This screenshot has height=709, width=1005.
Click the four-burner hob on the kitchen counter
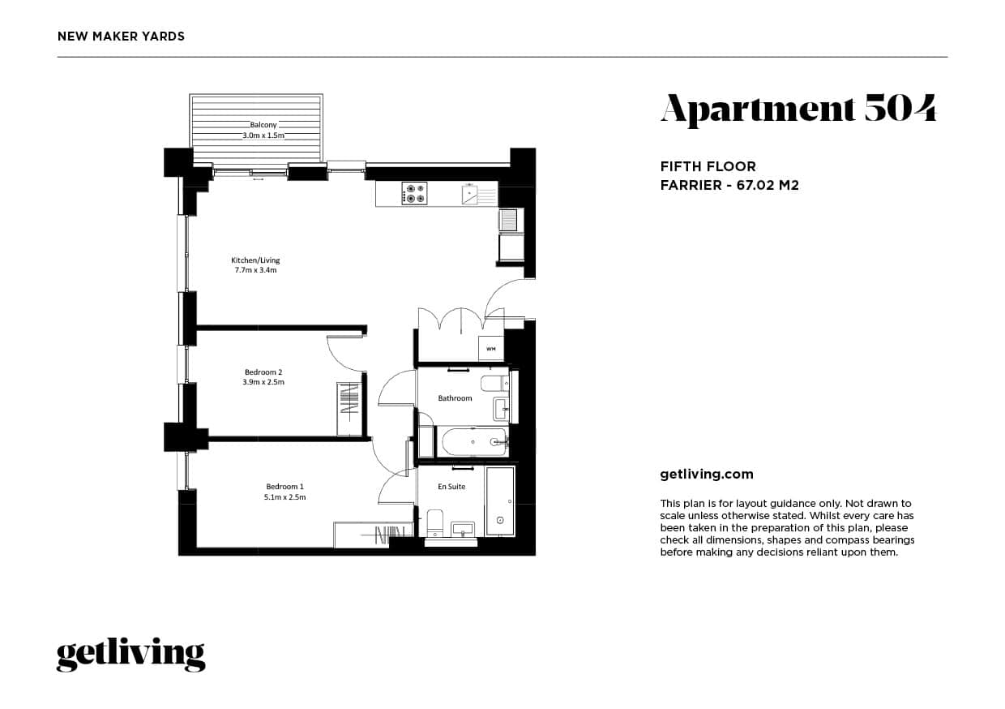click(415, 193)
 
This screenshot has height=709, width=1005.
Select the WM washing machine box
click(490, 349)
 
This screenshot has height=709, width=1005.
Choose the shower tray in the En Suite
click(499, 501)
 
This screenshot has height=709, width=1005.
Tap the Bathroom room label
click(455, 398)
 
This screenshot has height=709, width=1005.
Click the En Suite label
click(451, 487)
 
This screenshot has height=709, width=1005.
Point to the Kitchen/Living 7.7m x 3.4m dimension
click(255, 270)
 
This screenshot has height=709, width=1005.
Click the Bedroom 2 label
click(263, 372)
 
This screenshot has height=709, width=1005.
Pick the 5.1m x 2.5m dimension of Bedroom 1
click(284, 497)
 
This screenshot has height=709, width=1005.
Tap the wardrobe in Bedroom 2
click(349, 408)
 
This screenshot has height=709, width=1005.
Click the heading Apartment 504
click(798, 109)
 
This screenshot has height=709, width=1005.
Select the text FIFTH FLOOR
click(708, 166)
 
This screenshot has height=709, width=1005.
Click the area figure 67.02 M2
click(768, 185)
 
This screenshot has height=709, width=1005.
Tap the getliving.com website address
click(707, 475)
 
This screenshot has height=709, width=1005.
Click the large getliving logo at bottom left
click(130, 654)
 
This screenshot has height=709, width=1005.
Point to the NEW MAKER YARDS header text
click(122, 37)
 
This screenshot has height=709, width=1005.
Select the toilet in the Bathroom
click(492, 383)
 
